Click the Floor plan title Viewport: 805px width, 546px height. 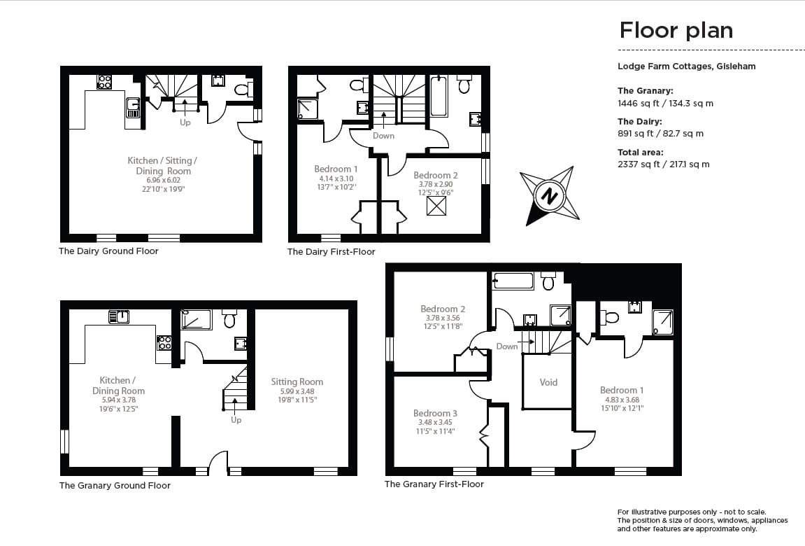click(676, 30)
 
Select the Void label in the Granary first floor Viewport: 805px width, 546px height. click(549, 382)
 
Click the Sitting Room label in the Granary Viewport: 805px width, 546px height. click(297, 381)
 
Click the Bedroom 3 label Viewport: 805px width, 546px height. click(435, 413)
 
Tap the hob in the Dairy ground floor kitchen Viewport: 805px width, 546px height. click(104, 82)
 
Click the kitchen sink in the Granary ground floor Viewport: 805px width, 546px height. click(119, 317)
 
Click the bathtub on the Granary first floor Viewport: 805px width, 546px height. click(513, 281)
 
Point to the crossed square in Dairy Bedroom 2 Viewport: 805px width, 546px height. click(436, 206)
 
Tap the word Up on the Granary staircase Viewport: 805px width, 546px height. click(236, 420)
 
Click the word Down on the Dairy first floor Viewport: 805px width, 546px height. click(383, 136)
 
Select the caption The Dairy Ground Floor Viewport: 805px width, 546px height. click(108, 251)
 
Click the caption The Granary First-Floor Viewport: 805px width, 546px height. click(434, 484)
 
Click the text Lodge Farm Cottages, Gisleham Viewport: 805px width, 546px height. click(686, 66)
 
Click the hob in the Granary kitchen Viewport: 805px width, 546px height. click(164, 342)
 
